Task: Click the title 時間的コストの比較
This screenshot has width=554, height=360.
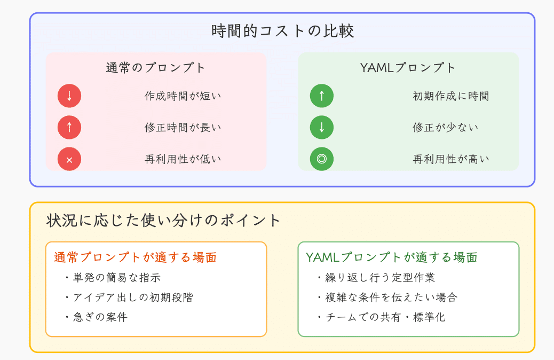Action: click(282, 32)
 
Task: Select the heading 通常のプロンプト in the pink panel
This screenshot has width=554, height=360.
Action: click(156, 68)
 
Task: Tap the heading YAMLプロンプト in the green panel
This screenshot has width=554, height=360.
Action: click(408, 68)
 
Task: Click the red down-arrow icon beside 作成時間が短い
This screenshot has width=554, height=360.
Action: click(69, 96)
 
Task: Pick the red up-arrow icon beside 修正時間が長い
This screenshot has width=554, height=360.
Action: click(69, 127)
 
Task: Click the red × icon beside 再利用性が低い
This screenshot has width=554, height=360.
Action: click(69, 159)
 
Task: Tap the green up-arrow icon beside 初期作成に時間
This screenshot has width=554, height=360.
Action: click(322, 96)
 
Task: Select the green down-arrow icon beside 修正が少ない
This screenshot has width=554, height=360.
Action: click(322, 127)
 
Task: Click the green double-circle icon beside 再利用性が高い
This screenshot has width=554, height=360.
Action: click(322, 159)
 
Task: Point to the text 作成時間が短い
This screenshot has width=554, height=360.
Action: click(183, 96)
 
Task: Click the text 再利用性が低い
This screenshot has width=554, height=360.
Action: click(183, 159)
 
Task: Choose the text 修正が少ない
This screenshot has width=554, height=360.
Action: click(445, 127)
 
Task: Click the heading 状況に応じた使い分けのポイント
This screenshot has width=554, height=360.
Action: click(164, 220)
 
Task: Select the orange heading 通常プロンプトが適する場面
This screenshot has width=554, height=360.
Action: click(135, 257)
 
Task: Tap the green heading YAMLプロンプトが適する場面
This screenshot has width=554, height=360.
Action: click(391, 257)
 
